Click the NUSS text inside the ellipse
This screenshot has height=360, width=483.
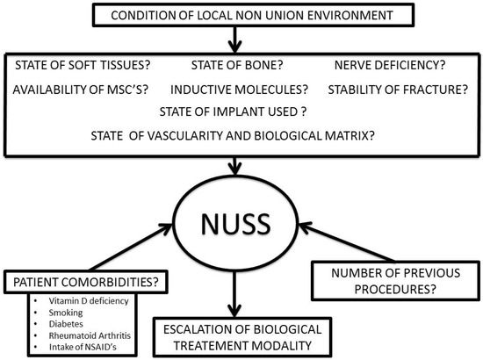pos(235,224)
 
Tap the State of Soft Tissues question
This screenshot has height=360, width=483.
pos(83,65)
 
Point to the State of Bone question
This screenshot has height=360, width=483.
pos(237,65)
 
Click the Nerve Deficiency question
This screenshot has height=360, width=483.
pos(390,65)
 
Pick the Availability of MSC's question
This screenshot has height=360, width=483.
pos(81,90)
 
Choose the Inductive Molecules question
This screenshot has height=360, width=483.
pos(240,90)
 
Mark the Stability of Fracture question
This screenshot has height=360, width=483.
pos(398,90)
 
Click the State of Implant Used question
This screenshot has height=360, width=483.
pos(234,112)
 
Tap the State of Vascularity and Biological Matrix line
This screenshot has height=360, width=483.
pos(233,135)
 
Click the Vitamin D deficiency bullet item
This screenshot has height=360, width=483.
pos(89,301)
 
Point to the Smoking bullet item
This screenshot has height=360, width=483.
pos(66,313)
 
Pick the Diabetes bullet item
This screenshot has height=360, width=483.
pos(66,324)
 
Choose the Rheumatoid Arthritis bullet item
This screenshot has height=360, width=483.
pos(90,335)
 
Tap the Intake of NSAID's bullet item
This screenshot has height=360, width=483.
pos(83,347)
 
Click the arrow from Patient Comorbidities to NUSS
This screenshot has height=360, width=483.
pos(131,248)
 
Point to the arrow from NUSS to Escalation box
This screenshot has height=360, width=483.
pos(234,293)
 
